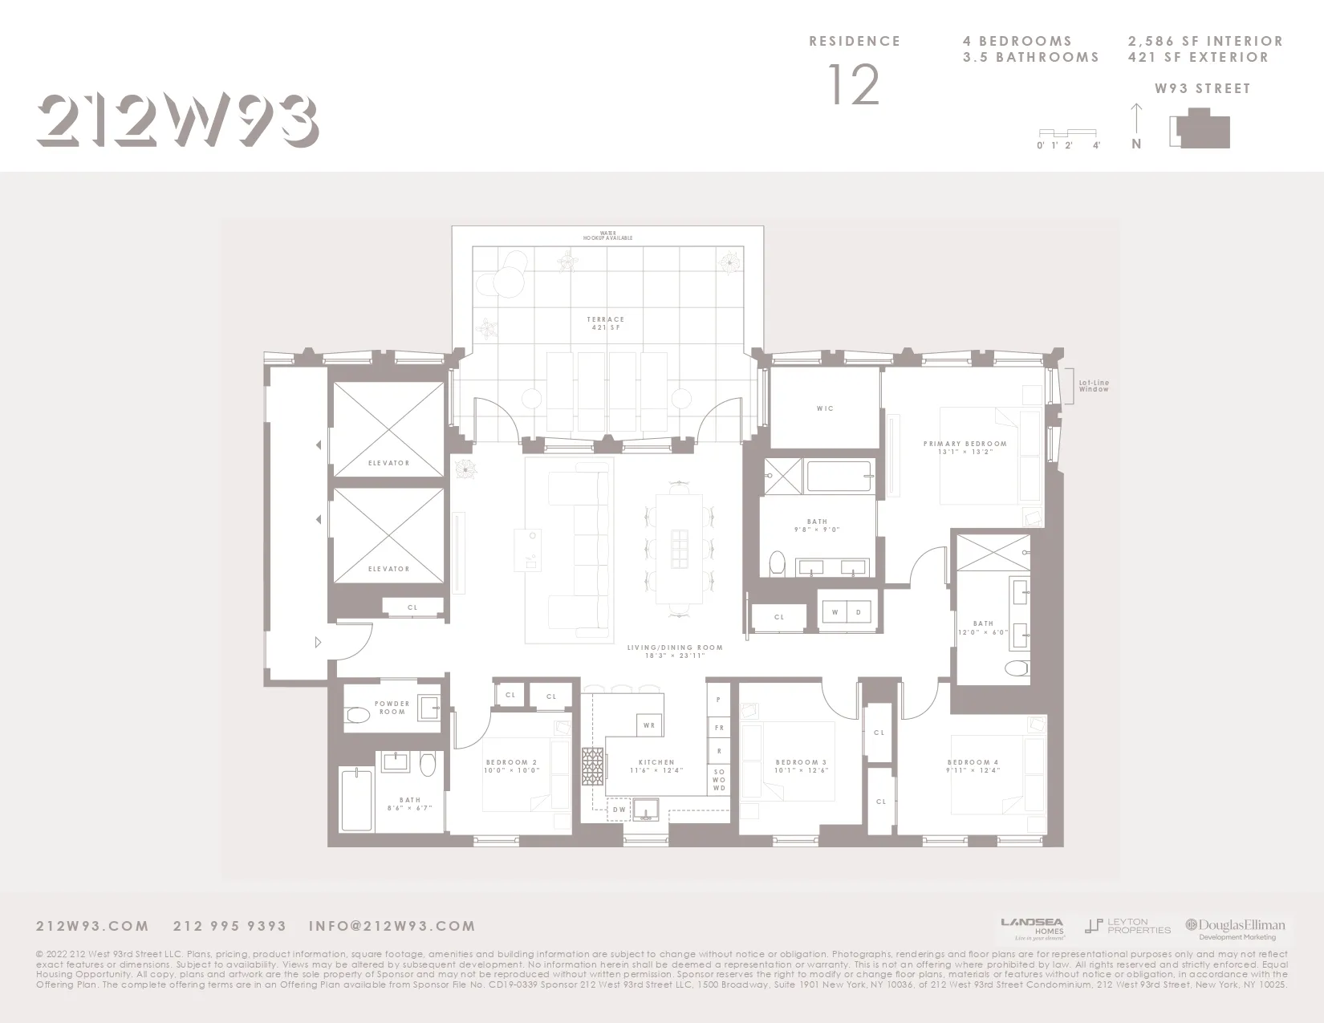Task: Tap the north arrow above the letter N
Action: (1135, 119)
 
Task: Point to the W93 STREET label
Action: (1202, 89)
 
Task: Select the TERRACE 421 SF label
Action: (605, 323)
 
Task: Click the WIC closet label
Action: (825, 408)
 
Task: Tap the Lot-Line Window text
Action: (1094, 386)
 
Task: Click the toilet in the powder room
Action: (357, 714)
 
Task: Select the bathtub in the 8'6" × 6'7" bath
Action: (356, 800)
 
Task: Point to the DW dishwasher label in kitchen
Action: (619, 810)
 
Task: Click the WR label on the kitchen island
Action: (649, 725)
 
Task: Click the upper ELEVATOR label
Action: (388, 463)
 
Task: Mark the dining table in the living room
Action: (679, 549)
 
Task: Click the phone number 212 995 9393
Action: (229, 926)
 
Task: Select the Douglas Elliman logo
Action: (1236, 928)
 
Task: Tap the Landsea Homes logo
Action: (1033, 928)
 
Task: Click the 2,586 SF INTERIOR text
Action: (1205, 41)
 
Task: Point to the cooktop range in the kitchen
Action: (592, 770)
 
